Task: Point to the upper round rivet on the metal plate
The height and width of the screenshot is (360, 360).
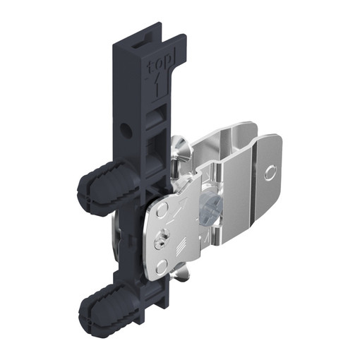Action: click(163, 208)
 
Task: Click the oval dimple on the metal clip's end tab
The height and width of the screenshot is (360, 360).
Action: click(270, 174)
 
